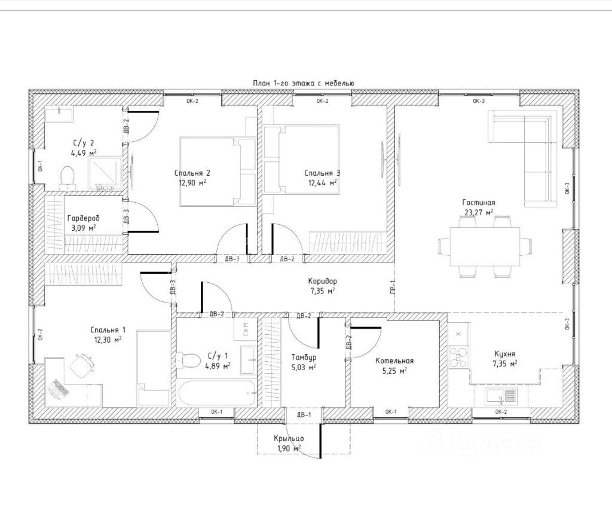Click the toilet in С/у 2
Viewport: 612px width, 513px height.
(68, 178)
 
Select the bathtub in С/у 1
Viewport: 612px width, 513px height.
(217, 393)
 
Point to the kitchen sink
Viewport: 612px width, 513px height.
(501, 396)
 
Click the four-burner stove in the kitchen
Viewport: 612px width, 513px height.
(458, 357)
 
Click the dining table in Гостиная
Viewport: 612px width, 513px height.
(485, 247)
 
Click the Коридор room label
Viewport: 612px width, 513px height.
(322, 281)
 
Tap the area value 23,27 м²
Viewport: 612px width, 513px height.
(478, 212)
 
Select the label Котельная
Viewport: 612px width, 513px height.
(394, 361)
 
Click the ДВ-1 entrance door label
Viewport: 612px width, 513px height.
(304, 414)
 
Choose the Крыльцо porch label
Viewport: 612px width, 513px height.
(289, 438)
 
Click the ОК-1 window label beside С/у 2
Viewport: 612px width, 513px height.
(40, 166)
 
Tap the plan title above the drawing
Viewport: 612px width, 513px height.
(304, 83)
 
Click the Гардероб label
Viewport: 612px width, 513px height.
(84, 218)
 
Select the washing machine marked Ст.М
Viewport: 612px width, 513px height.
(246, 329)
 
